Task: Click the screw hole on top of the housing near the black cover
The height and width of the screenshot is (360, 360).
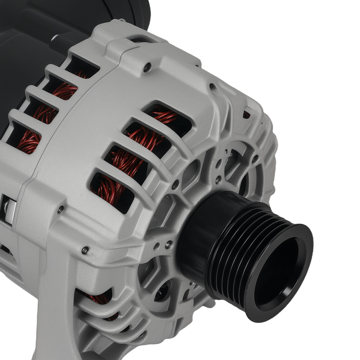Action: (x=147, y=67)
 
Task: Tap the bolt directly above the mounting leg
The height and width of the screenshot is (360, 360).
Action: (x=85, y=249)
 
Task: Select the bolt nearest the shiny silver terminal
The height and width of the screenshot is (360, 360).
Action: (x=61, y=208)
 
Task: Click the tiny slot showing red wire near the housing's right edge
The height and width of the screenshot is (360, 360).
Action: (x=246, y=114)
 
